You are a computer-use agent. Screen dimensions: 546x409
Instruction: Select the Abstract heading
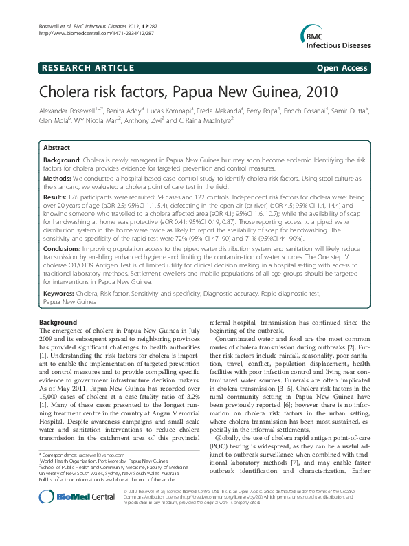point(56,148)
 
